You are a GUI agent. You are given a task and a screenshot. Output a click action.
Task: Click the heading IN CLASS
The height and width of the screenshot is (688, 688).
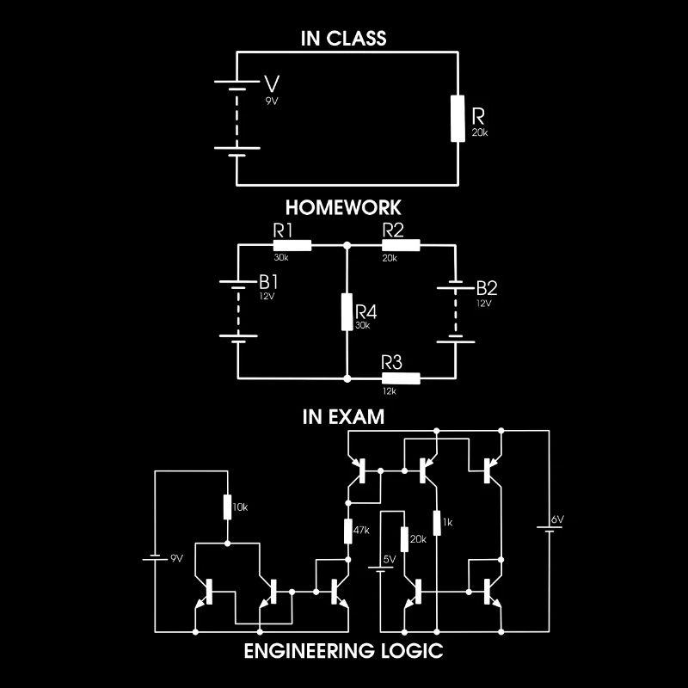343,39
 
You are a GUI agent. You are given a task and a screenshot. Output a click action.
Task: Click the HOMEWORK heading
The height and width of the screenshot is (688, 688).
343,208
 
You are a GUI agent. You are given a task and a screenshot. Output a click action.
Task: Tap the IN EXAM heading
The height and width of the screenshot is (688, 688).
343,417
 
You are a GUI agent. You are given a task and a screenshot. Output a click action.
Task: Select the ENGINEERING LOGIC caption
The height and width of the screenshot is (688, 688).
343,651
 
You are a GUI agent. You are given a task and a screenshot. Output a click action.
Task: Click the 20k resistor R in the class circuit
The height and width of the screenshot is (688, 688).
457,118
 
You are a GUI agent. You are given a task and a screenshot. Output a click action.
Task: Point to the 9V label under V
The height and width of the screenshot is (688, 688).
272,101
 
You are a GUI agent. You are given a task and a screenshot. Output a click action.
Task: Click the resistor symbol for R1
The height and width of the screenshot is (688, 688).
292,245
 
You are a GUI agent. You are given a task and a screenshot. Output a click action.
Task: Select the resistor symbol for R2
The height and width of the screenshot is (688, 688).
401,245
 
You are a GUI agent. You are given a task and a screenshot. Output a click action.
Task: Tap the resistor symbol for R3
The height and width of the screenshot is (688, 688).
401,378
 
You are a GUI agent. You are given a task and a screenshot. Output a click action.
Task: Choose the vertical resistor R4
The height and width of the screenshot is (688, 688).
347,312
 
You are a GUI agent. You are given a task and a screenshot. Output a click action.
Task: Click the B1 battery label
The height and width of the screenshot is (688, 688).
269,282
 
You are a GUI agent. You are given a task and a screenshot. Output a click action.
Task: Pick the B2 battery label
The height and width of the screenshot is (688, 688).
486,286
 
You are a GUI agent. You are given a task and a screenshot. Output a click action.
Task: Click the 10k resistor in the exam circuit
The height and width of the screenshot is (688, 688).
228,507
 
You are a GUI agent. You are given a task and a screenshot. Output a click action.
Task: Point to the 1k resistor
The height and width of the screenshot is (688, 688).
437,522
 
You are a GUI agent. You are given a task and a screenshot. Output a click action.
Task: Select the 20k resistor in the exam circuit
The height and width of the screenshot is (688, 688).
403,539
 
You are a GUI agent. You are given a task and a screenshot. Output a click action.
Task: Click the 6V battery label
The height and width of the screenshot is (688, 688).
557,520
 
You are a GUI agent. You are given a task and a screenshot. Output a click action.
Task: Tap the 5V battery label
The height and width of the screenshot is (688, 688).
389,559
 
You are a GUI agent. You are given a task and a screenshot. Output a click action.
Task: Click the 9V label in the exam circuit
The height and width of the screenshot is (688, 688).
176,558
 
